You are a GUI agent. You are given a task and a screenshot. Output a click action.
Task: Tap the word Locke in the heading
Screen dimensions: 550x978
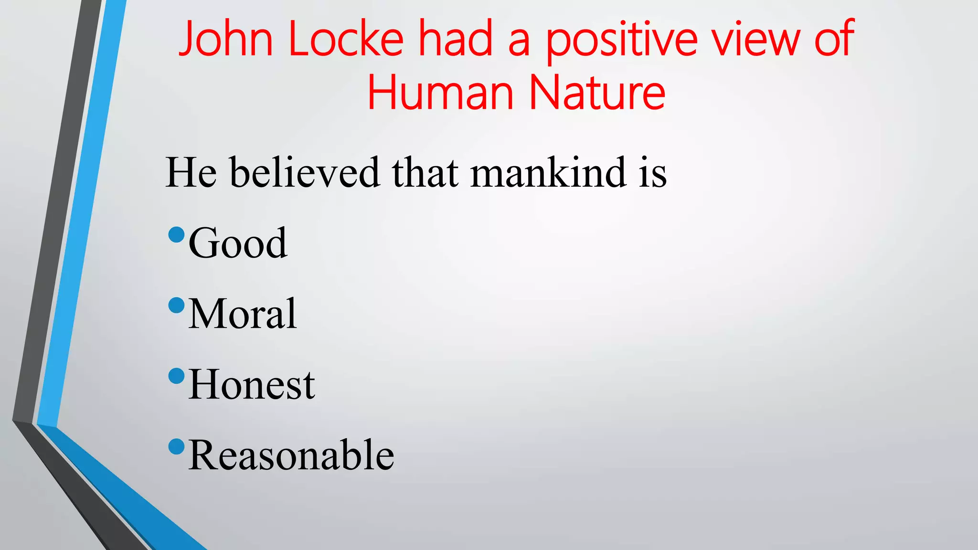(x=346, y=39)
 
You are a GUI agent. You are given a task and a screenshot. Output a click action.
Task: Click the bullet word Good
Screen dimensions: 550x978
(x=238, y=243)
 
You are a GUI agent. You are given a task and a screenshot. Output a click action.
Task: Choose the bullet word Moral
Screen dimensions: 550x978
(x=243, y=314)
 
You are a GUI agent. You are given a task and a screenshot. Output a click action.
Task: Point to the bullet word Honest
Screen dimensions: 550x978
(x=252, y=385)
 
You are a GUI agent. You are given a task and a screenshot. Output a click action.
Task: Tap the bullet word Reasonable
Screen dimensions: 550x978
(x=291, y=455)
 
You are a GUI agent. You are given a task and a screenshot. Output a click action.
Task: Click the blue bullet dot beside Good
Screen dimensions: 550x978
(x=177, y=234)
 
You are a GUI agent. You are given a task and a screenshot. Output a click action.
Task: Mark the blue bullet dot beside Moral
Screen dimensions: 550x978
(x=177, y=305)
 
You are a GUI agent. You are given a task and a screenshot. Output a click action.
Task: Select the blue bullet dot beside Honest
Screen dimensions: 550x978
(x=177, y=376)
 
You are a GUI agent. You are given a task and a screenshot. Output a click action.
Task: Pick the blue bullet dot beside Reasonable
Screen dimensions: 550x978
(x=177, y=446)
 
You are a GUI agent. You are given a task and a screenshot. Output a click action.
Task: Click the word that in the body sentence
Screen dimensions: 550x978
(x=425, y=172)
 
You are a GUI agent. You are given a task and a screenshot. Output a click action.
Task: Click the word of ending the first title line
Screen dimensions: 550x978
(x=834, y=39)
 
